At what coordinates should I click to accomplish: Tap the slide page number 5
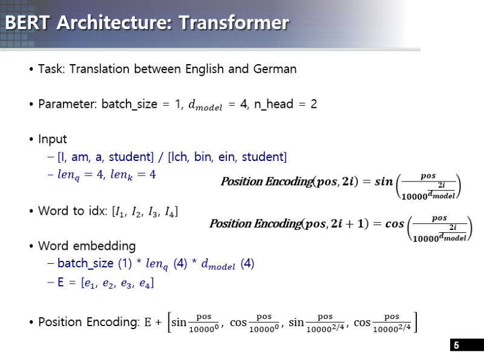pyautogui.click(x=456, y=345)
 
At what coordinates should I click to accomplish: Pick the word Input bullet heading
pyautogui.click(x=53, y=139)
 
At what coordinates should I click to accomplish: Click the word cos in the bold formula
pyautogui.click(x=394, y=224)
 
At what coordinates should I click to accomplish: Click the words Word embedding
pyautogui.click(x=87, y=246)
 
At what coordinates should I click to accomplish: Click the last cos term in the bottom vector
pyautogui.click(x=362, y=322)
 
